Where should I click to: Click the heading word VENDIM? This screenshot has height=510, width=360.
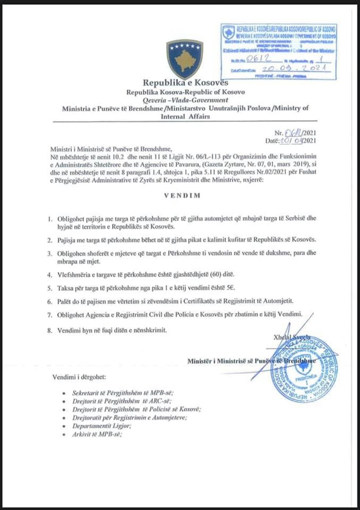click(182, 195)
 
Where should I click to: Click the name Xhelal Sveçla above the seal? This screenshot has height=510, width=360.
click(292, 337)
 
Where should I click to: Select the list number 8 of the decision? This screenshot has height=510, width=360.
click(49, 330)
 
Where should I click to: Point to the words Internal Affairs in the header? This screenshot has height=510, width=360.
click(185, 116)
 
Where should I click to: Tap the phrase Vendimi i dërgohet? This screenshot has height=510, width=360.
click(79, 377)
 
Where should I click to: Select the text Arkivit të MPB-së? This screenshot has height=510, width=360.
click(97, 434)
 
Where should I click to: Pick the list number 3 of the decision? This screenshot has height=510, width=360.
click(49, 254)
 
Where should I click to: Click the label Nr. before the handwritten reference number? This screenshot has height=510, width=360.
click(279, 133)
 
